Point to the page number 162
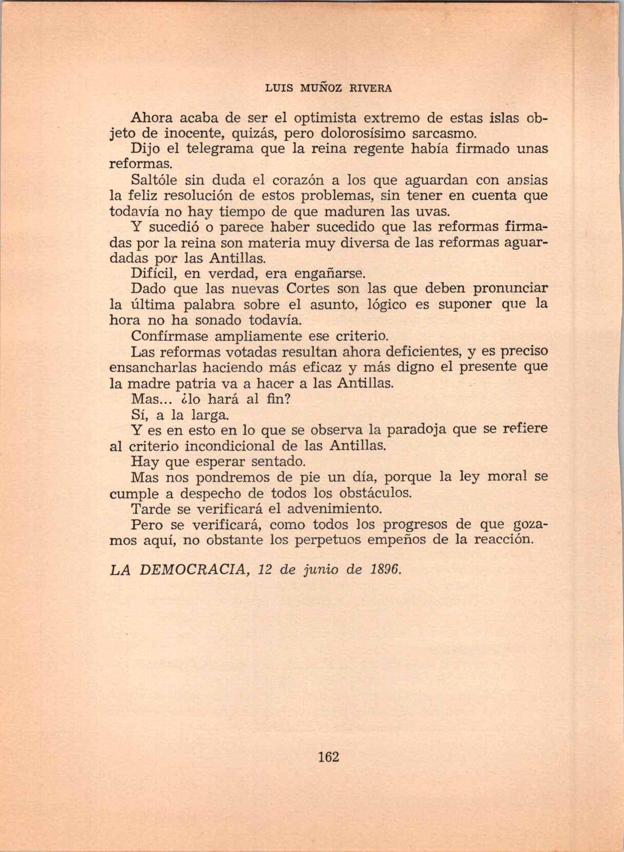coord(329,757)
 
